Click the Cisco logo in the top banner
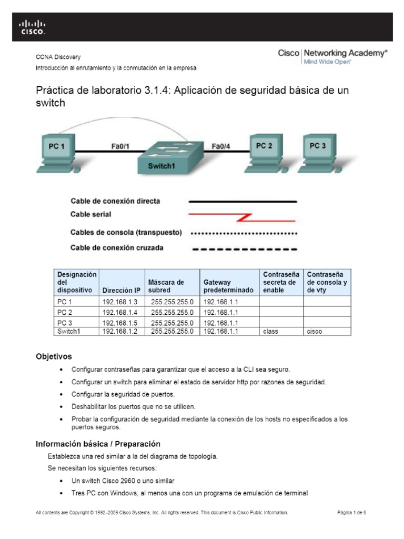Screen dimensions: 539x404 (x=33, y=27)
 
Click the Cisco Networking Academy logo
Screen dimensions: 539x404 (x=332, y=56)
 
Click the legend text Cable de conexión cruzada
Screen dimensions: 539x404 (x=117, y=247)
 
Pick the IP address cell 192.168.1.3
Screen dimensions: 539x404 (x=120, y=302)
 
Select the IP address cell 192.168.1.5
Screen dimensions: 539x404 (x=120, y=323)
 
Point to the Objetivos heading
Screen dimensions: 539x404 (x=54, y=356)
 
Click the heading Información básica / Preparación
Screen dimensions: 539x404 (x=98, y=444)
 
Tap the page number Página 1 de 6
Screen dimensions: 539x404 (x=351, y=512)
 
